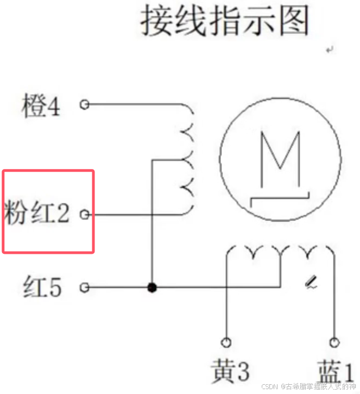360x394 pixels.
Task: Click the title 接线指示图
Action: click(x=225, y=22)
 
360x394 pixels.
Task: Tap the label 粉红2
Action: click(x=37, y=214)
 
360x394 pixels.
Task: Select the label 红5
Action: click(x=42, y=286)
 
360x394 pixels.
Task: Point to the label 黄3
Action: click(x=230, y=372)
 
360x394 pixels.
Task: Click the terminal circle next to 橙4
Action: click(x=84, y=104)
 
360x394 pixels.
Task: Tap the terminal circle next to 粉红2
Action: click(x=84, y=215)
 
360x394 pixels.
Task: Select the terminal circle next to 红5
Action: click(x=84, y=287)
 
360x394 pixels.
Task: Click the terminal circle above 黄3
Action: click(x=226, y=342)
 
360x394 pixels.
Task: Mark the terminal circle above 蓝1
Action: click(x=334, y=342)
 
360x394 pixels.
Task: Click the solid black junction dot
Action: click(x=153, y=287)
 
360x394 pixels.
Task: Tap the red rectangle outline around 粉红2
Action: click(x=49, y=172)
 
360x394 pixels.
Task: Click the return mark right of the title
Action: click(x=329, y=50)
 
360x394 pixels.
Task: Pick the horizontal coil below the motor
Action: click(x=280, y=252)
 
